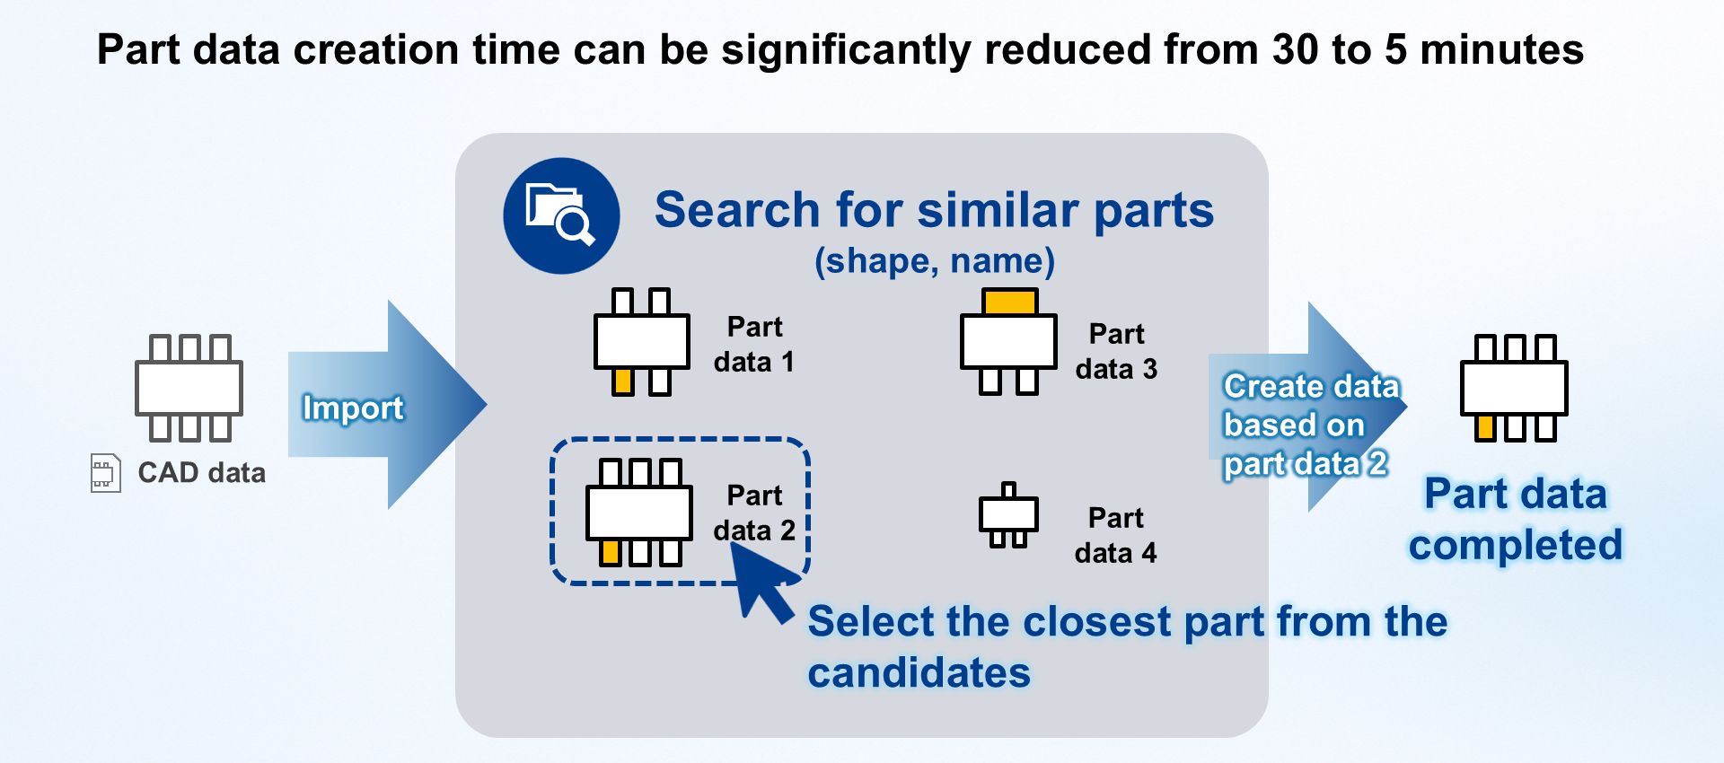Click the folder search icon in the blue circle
561,215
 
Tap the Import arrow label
353,408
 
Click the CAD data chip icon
189,388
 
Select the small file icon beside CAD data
105,473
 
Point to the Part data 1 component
641,342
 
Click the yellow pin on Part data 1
623,383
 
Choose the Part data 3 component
1008,342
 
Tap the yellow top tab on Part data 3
1009,302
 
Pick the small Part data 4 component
1008,515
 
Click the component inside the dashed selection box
638,513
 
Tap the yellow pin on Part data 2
611,552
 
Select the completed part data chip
1514,388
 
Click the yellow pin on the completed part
1486,427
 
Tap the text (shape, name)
934,261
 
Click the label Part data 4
1115,535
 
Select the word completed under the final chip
1515,545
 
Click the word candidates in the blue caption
919,673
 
